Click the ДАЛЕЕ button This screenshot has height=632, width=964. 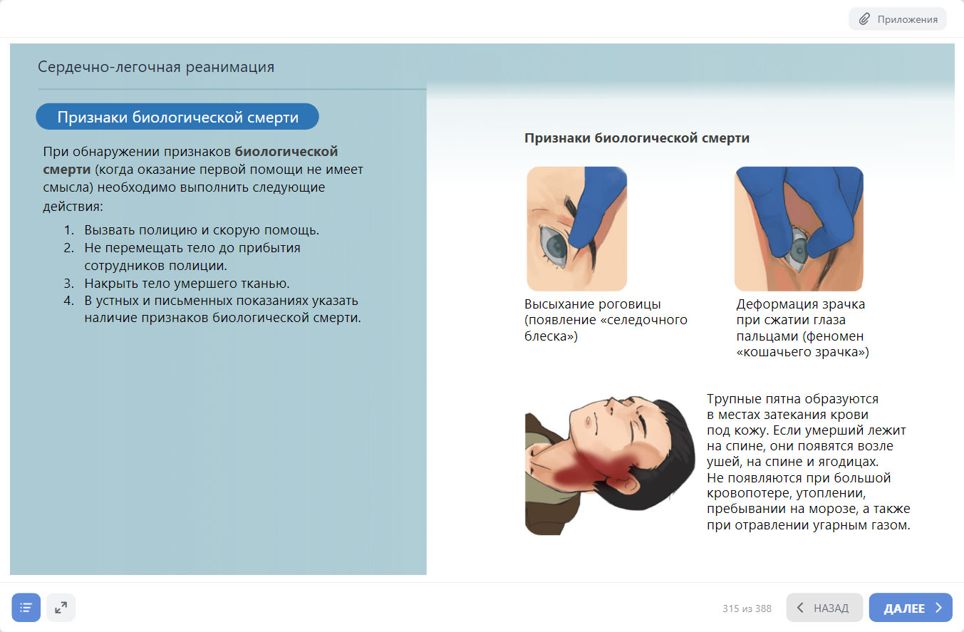click(911, 608)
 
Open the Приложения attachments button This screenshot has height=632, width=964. click(898, 19)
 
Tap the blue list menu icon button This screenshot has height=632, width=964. click(26, 608)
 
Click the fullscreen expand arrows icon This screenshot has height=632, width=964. click(61, 608)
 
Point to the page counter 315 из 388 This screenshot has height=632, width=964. click(747, 608)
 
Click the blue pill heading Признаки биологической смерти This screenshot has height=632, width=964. click(177, 117)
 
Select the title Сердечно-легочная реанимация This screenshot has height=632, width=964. click(156, 67)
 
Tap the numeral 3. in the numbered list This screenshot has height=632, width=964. click(69, 284)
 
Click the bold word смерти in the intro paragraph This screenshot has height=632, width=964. click(67, 170)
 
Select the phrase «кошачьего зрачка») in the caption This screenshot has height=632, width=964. click(802, 352)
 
